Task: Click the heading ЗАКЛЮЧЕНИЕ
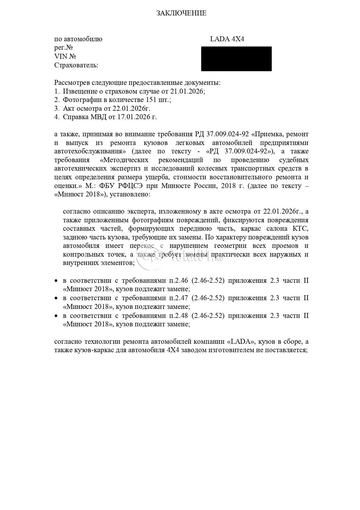point(181,13)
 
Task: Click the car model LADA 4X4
point(227,39)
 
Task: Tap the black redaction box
point(236,59)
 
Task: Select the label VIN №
point(65,56)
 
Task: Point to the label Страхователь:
point(76,65)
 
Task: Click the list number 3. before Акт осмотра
point(57,108)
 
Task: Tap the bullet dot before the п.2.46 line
point(57,281)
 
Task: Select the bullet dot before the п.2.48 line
point(57,316)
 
